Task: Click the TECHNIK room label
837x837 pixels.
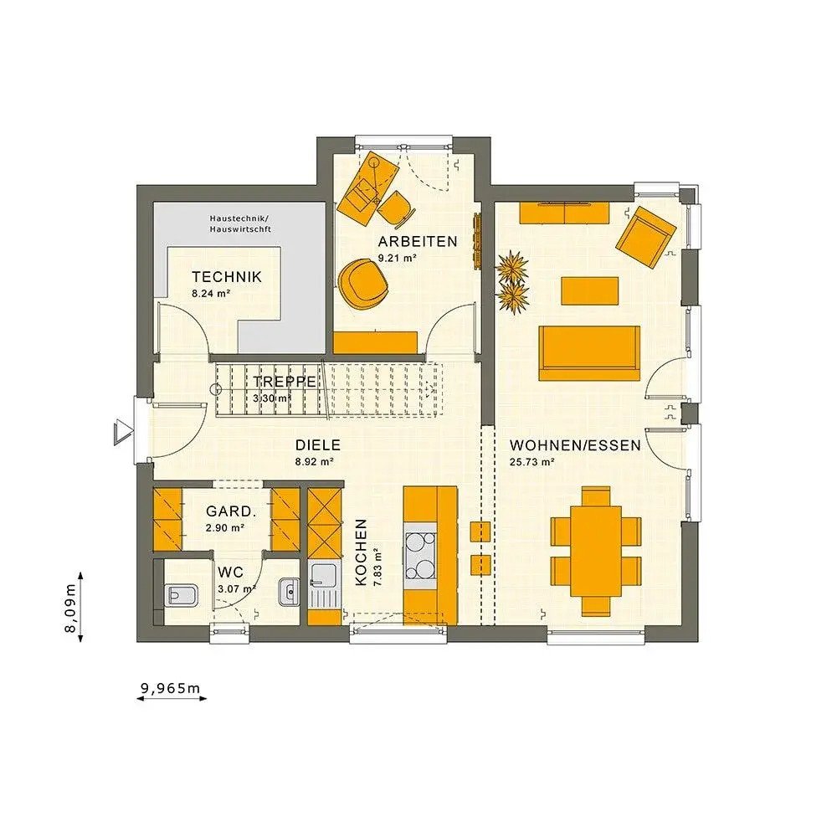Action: click(x=226, y=277)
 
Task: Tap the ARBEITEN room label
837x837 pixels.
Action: click(x=417, y=242)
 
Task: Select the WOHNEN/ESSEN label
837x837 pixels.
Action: click(x=575, y=445)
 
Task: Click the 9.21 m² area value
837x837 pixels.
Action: click(x=398, y=259)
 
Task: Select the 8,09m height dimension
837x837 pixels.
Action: click(x=71, y=606)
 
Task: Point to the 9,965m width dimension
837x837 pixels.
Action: click(x=171, y=689)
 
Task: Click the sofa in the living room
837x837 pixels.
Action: click(x=589, y=353)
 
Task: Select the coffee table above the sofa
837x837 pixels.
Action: click(x=589, y=291)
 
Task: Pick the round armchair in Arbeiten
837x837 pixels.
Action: click(x=364, y=281)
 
